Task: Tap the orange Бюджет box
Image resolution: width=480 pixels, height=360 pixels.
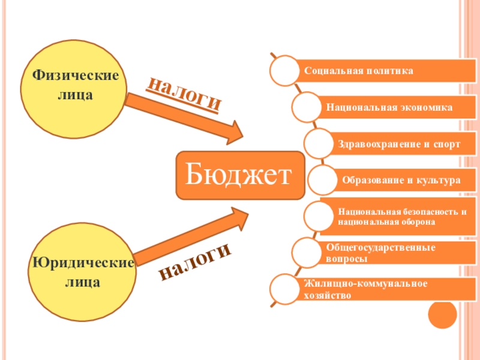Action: coord(240,175)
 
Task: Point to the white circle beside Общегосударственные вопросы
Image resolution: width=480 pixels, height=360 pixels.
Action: coord(307,253)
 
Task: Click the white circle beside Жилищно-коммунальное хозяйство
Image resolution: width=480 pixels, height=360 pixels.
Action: coord(285,289)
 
